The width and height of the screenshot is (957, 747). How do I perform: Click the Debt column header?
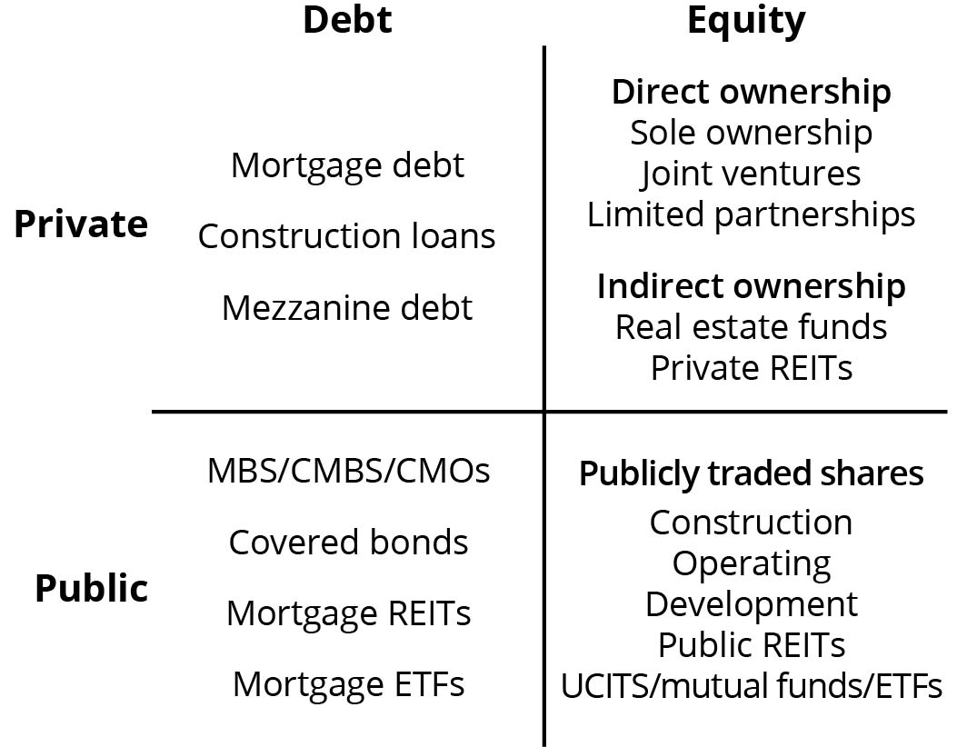pos(347,19)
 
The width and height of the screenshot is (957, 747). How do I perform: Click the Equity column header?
pos(746,22)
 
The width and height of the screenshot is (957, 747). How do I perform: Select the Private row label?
pos(81,224)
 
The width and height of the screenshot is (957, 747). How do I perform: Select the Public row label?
pos(92,589)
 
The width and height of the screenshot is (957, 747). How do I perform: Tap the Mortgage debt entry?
pos(347,166)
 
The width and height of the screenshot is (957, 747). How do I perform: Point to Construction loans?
pos(346,236)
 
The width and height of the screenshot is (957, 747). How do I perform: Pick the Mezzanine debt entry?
pos(347,307)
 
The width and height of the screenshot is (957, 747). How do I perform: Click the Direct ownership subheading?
pos(752,93)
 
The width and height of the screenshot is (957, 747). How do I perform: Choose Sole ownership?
pos(752,133)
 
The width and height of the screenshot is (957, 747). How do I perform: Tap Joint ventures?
pos(751,174)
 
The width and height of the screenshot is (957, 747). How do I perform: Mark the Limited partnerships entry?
pos(752,214)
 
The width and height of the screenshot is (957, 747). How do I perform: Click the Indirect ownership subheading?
pos(752,287)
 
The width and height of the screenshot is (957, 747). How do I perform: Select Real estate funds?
pos(752,327)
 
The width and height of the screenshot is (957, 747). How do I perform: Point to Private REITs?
pos(752,368)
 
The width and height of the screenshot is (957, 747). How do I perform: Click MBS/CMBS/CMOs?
pos(348,471)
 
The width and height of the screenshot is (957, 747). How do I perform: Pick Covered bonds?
pos(348,542)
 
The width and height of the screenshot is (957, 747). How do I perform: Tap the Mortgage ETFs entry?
pos(348,684)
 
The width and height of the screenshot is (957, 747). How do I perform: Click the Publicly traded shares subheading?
pos(752,474)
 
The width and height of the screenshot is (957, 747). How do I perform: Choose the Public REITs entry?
pos(752,645)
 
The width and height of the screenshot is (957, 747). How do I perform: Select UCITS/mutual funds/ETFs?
pos(752,686)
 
